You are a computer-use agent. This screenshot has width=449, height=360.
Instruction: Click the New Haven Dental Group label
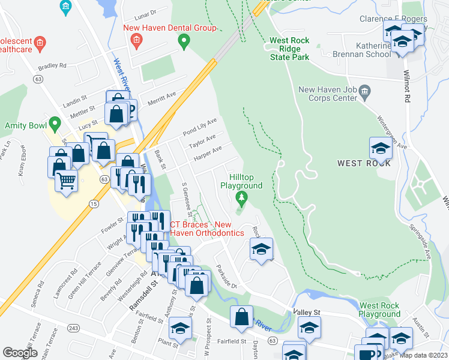click(169, 28)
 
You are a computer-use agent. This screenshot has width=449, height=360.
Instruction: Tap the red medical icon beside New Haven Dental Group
click(136, 41)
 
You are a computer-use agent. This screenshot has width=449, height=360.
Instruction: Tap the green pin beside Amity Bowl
click(55, 125)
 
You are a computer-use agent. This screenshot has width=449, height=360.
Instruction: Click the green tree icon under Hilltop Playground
click(241, 198)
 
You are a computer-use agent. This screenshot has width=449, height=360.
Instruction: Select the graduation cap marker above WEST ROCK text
click(381, 147)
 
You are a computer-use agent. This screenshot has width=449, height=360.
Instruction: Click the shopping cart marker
click(66, 179)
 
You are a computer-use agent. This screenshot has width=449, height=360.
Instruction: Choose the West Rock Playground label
click(379, 310)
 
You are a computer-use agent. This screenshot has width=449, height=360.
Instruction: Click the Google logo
click(20, 353)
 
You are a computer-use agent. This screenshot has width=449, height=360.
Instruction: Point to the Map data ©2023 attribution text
click(423, 355)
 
